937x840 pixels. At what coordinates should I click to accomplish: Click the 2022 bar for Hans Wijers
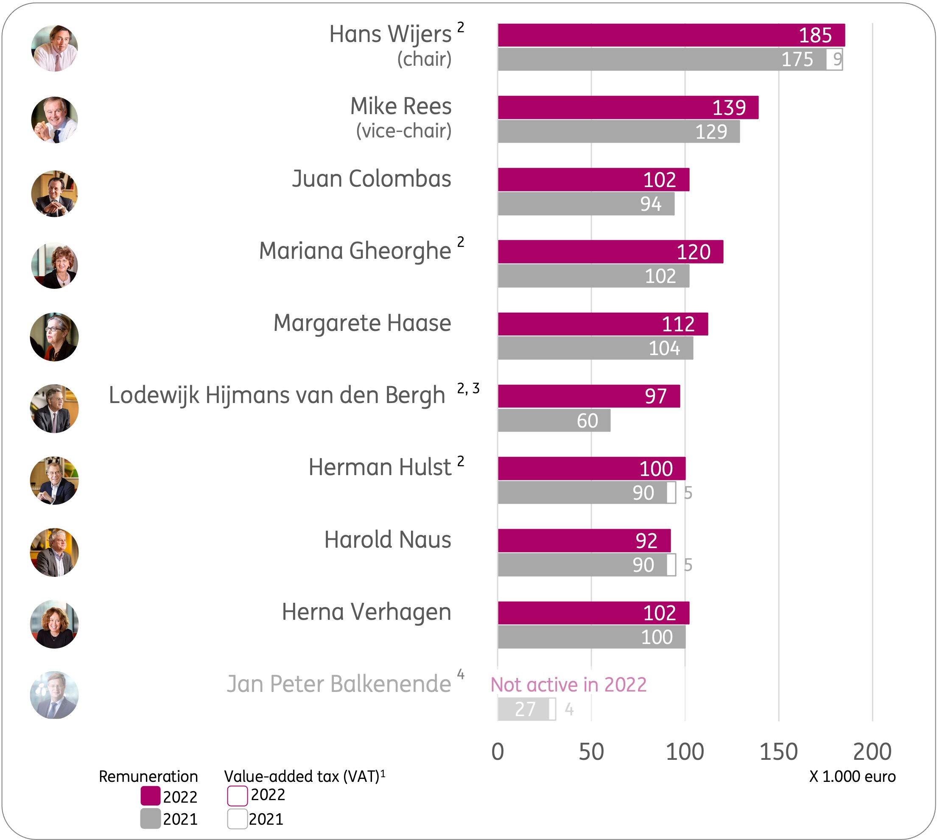[x=671, y=35]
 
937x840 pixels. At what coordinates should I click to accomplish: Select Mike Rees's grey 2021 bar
[x=619, y=132]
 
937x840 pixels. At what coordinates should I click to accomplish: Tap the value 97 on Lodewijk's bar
[x=656, y=396]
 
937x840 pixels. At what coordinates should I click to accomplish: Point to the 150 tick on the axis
[x=779, y=752]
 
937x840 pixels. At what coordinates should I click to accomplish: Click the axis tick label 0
[x=497, y=752]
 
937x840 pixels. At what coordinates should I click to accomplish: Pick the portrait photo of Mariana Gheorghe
[x=54, y=266]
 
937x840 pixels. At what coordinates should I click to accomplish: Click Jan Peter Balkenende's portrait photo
[x=54, y=694]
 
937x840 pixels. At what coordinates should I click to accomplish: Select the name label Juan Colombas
[x=372, y=179]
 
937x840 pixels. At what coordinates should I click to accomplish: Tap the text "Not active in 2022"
[x=568, y=684]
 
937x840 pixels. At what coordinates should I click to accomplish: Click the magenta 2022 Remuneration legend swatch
[x=151, y=796]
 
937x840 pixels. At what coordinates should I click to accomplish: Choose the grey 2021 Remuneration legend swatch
[x=151, y=819]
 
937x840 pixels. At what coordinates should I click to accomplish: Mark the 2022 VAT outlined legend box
[x=238, y=796]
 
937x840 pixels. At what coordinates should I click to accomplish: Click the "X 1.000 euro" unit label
[x=853, y=776]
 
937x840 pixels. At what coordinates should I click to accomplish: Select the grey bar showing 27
[x=523, y=709]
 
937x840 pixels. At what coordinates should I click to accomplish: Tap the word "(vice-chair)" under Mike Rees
[x=404, y=131]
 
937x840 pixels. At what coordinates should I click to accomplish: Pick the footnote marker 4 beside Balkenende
[x=460, y=674]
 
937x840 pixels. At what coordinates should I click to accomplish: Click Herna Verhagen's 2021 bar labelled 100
[x=591, y=637]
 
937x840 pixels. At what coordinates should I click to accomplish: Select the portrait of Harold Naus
[x=54, y=552]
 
